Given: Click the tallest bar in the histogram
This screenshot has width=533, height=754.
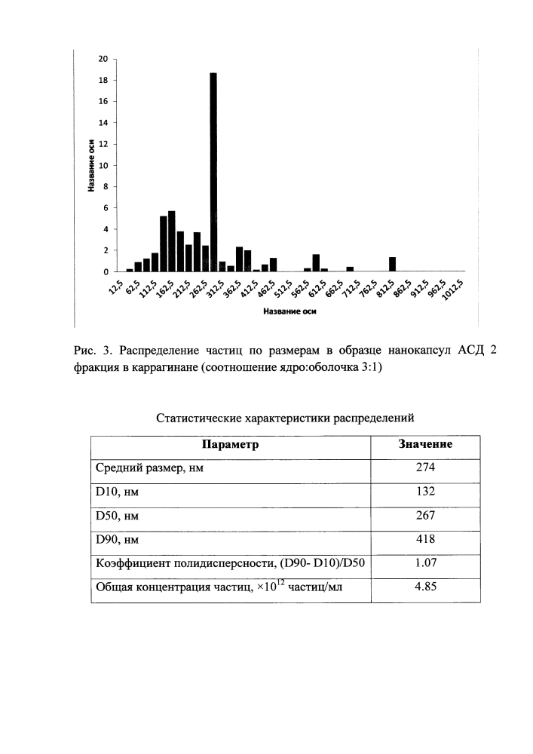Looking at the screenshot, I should [x=213, y=172].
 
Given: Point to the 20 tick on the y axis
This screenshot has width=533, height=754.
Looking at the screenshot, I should [x=104, y=59].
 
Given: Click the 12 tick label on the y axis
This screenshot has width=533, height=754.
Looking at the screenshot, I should [x=104, y=144].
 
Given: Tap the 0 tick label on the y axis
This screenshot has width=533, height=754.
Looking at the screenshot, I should [x=106, y=271].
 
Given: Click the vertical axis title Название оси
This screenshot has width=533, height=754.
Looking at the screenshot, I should [x=90, y=165].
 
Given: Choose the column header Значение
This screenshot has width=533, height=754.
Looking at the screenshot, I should [x=425, y=445].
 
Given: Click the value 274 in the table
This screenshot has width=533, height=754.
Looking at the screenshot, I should [x=425, y=468].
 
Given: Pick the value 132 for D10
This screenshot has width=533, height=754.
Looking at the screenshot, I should [x=425, y=492].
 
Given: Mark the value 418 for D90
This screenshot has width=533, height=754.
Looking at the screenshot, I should [x=425, y=540].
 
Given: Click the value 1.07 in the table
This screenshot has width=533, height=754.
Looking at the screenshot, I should [x=425, y=563].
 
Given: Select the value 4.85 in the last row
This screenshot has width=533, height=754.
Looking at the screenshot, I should [x=425, y=588].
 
